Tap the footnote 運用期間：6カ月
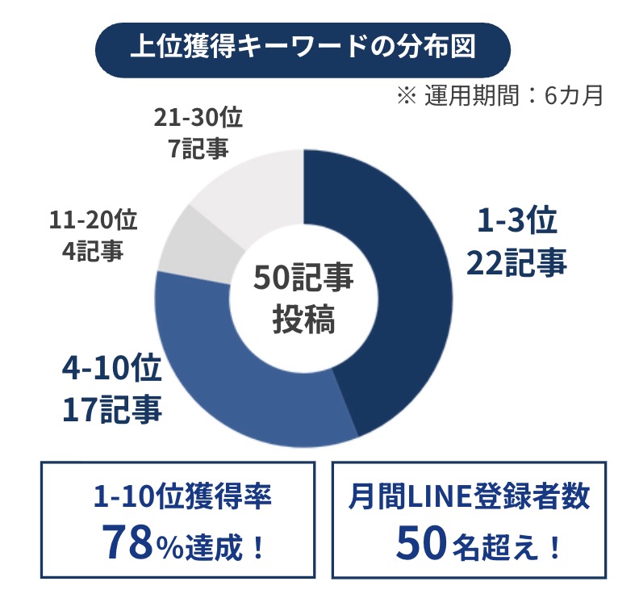click(500, 96)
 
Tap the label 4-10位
click(111, 370)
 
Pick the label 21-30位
click(198, 118)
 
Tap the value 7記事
click(198, 149)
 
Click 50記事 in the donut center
click(303, 278)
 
